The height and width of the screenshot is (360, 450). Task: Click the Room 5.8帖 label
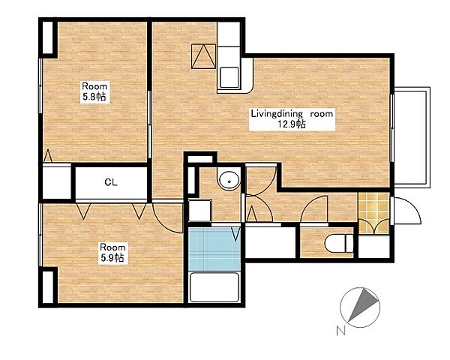[94, 91]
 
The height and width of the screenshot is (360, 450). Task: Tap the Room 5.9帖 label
[112, 253]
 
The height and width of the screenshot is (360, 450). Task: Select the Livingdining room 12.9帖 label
[292, 118]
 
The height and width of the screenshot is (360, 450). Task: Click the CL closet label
[111, 182]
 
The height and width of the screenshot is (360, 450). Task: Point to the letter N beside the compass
[340, 331]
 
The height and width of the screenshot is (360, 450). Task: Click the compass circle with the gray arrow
[360, 307]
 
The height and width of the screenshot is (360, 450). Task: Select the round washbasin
[229, 181]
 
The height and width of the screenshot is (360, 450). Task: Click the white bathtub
[214, 287]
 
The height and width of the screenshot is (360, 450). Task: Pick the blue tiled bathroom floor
[214, 248]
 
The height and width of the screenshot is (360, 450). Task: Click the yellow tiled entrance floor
[373, 212]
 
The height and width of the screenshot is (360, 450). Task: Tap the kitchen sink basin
[229, 77]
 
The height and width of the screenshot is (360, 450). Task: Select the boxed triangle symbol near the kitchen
[203, 56]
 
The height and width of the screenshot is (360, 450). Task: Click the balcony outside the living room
[412, 137]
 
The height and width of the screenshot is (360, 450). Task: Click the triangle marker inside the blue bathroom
[235, 234]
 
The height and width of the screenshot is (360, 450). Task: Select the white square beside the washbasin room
[200, 210]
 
